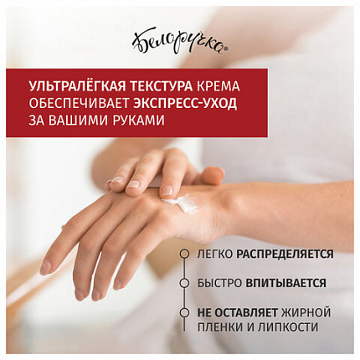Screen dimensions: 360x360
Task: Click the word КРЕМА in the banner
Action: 219,87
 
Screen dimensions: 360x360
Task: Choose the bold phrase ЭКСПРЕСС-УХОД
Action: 185,104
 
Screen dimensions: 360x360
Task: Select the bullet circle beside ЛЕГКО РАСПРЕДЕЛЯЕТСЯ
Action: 184,254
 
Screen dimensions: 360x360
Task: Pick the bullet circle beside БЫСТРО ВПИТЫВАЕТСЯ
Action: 184,283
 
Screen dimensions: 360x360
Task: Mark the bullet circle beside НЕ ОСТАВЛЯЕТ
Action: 184,312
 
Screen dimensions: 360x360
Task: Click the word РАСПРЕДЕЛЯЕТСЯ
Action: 285,255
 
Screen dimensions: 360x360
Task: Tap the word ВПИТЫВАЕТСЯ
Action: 286,283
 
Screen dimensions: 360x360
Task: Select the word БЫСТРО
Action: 219,283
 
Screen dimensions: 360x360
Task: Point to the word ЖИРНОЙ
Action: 306,312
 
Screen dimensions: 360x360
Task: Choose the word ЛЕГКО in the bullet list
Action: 215,255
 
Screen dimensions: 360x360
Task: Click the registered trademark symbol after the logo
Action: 226,49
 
